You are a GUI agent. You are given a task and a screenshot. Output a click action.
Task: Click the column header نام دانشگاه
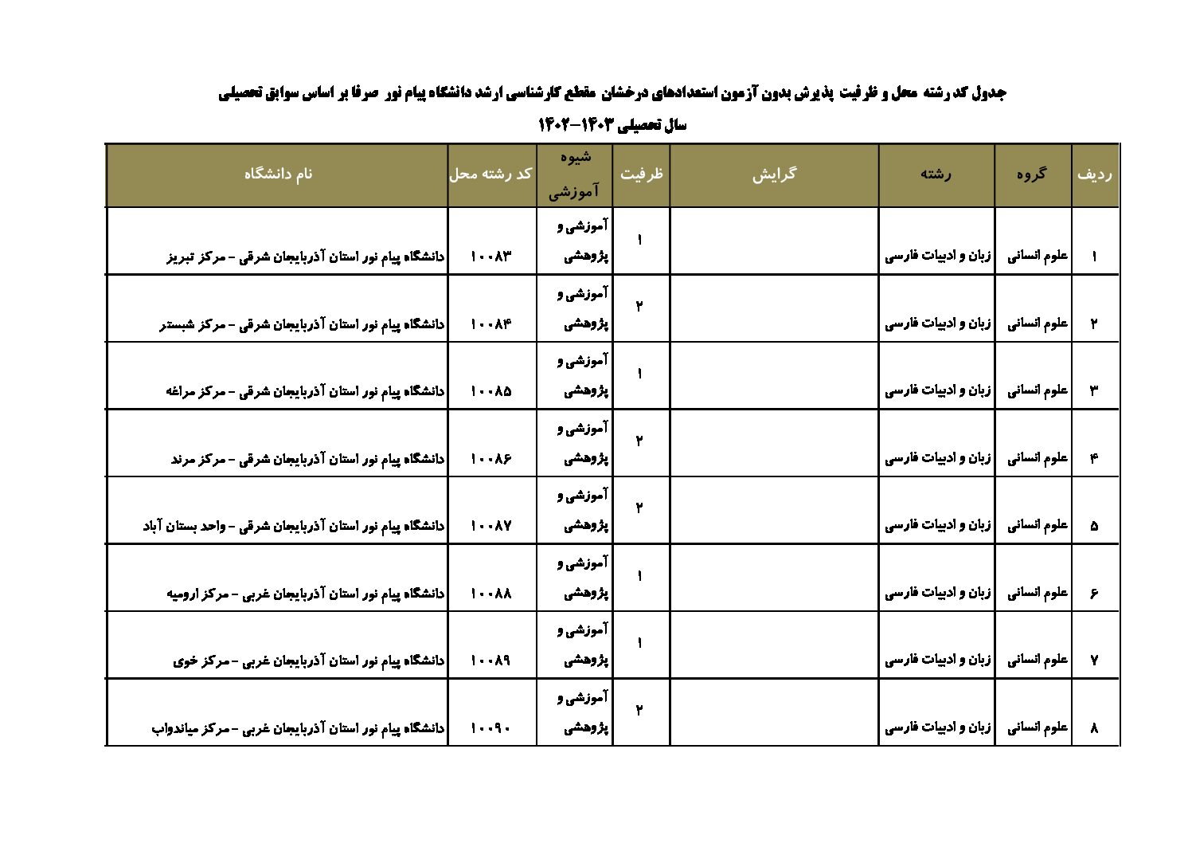click(x=278, y=174)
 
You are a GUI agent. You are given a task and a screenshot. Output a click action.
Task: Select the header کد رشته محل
click(x=490, y=174)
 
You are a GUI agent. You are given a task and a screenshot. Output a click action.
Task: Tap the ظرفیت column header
click(x=641, y=174)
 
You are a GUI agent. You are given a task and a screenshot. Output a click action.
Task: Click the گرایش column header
click(x=774, y=174)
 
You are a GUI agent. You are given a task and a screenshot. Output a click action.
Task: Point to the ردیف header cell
click(x=1095, y=174)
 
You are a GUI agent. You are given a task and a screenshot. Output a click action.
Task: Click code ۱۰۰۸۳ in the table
click(x=490, y=257)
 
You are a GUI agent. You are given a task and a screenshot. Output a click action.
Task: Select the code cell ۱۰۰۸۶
click(x=490, y=459)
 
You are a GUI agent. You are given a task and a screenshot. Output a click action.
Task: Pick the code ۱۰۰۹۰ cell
click(x=490, y=728)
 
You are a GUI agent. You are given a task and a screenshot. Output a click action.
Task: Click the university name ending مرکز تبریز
click(x=306, y=257)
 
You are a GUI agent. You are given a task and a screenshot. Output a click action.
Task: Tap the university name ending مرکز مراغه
click(x=306, y=391)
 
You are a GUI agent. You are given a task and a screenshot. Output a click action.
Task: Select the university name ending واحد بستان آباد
click(x=294, y=526)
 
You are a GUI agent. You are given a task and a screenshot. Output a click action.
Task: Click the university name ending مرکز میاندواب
click(x=298, y=728)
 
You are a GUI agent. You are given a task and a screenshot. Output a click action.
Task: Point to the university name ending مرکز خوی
click(x=309, y=661)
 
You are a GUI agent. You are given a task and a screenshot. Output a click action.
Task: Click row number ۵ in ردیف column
click(x=1094, y=526)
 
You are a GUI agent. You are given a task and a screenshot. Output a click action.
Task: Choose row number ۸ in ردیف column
click(x=1094, y=728)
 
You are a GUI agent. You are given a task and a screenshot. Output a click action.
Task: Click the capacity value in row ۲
click(x=639, y=307)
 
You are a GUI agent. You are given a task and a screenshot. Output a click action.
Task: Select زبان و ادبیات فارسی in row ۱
click(x=938, y=257)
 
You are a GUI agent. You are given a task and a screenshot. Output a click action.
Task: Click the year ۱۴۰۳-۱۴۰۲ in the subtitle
click(x=574, y=125)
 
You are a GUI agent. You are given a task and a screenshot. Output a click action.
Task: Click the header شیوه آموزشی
click(x=574, y=174)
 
